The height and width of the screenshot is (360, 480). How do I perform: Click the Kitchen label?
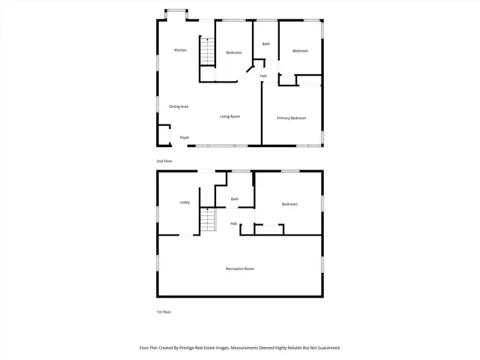[180, 50]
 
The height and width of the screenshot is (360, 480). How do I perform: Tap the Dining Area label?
[178, 106]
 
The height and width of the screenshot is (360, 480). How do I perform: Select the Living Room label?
[229, 116]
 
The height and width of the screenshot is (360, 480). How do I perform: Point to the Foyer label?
[184, 137]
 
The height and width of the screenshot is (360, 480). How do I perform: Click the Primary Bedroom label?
[291, 118]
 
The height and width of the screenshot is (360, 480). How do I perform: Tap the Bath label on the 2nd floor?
[265, 44]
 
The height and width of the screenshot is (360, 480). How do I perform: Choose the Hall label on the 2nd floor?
[263, 76]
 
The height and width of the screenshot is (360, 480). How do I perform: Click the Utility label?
[184, 202]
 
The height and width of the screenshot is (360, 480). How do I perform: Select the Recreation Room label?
[240, 268]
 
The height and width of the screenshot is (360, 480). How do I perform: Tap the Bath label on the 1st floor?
[235, 199]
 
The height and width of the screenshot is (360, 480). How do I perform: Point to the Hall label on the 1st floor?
[234, 223]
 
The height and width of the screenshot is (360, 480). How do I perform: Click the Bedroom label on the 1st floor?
[289, 204]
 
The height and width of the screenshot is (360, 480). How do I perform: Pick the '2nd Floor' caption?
[164, 161]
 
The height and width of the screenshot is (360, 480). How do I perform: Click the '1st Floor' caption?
[163, 312]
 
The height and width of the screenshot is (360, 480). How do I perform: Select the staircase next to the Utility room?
[208, 220]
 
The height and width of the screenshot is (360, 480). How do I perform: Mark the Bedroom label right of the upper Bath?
[300, 50]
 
